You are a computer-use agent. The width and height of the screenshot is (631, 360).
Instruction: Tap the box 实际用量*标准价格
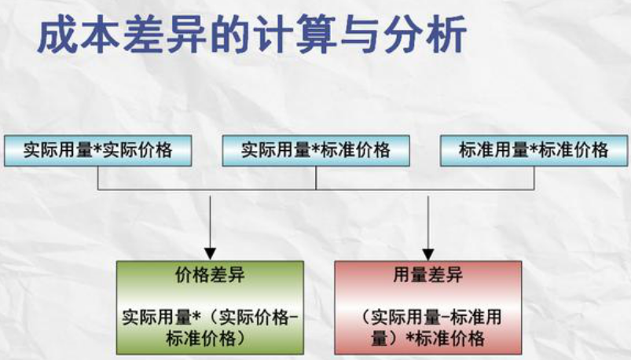pos(316,149)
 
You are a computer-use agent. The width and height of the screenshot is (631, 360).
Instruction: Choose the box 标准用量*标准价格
pos(534,149)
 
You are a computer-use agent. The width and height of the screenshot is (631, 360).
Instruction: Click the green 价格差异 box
pos(210,307)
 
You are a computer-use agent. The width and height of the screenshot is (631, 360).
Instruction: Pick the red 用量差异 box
pos(427,307)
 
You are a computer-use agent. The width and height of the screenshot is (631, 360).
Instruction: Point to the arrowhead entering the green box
pos(210,253)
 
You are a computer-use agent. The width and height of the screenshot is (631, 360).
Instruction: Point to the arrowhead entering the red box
pos(427,253)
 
